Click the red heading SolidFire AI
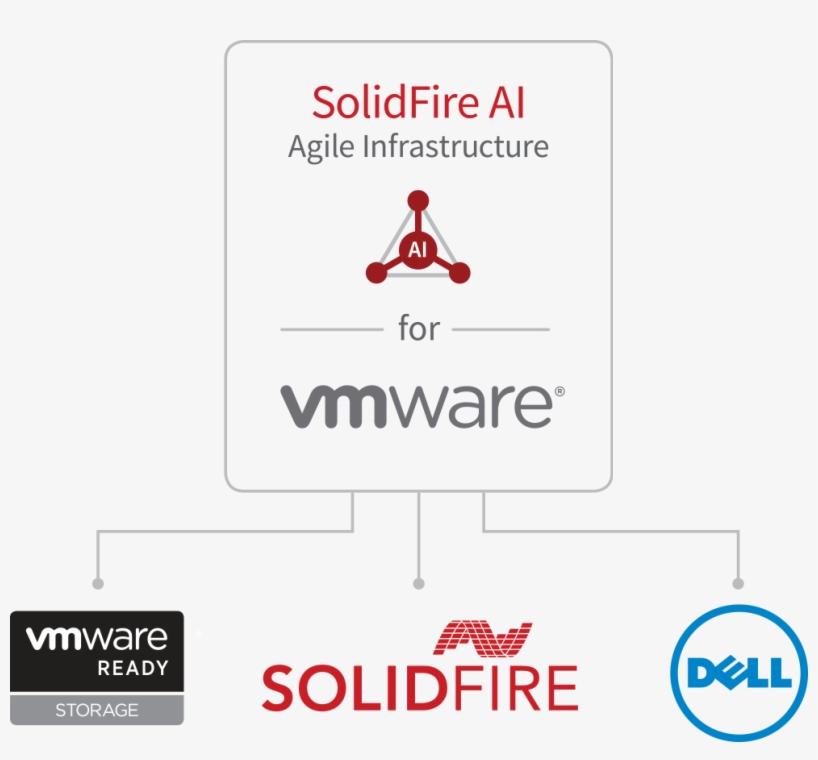[418, 103]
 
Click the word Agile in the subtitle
[320, 147]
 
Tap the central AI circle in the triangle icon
[418, 250]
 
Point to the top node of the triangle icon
[418, 200]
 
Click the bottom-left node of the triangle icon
[376, 273]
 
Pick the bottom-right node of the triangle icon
[460, 273]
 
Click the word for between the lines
[418, 329]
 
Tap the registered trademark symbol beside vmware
[559, 392]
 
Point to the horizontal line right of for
[501, 329]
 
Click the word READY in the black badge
[132, 668]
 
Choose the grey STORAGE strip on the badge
[97, 710]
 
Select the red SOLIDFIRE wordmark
[419, 688]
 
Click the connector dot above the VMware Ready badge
[97, 583]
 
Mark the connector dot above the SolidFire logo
[419, 583]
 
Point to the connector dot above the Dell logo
[739, 583]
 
